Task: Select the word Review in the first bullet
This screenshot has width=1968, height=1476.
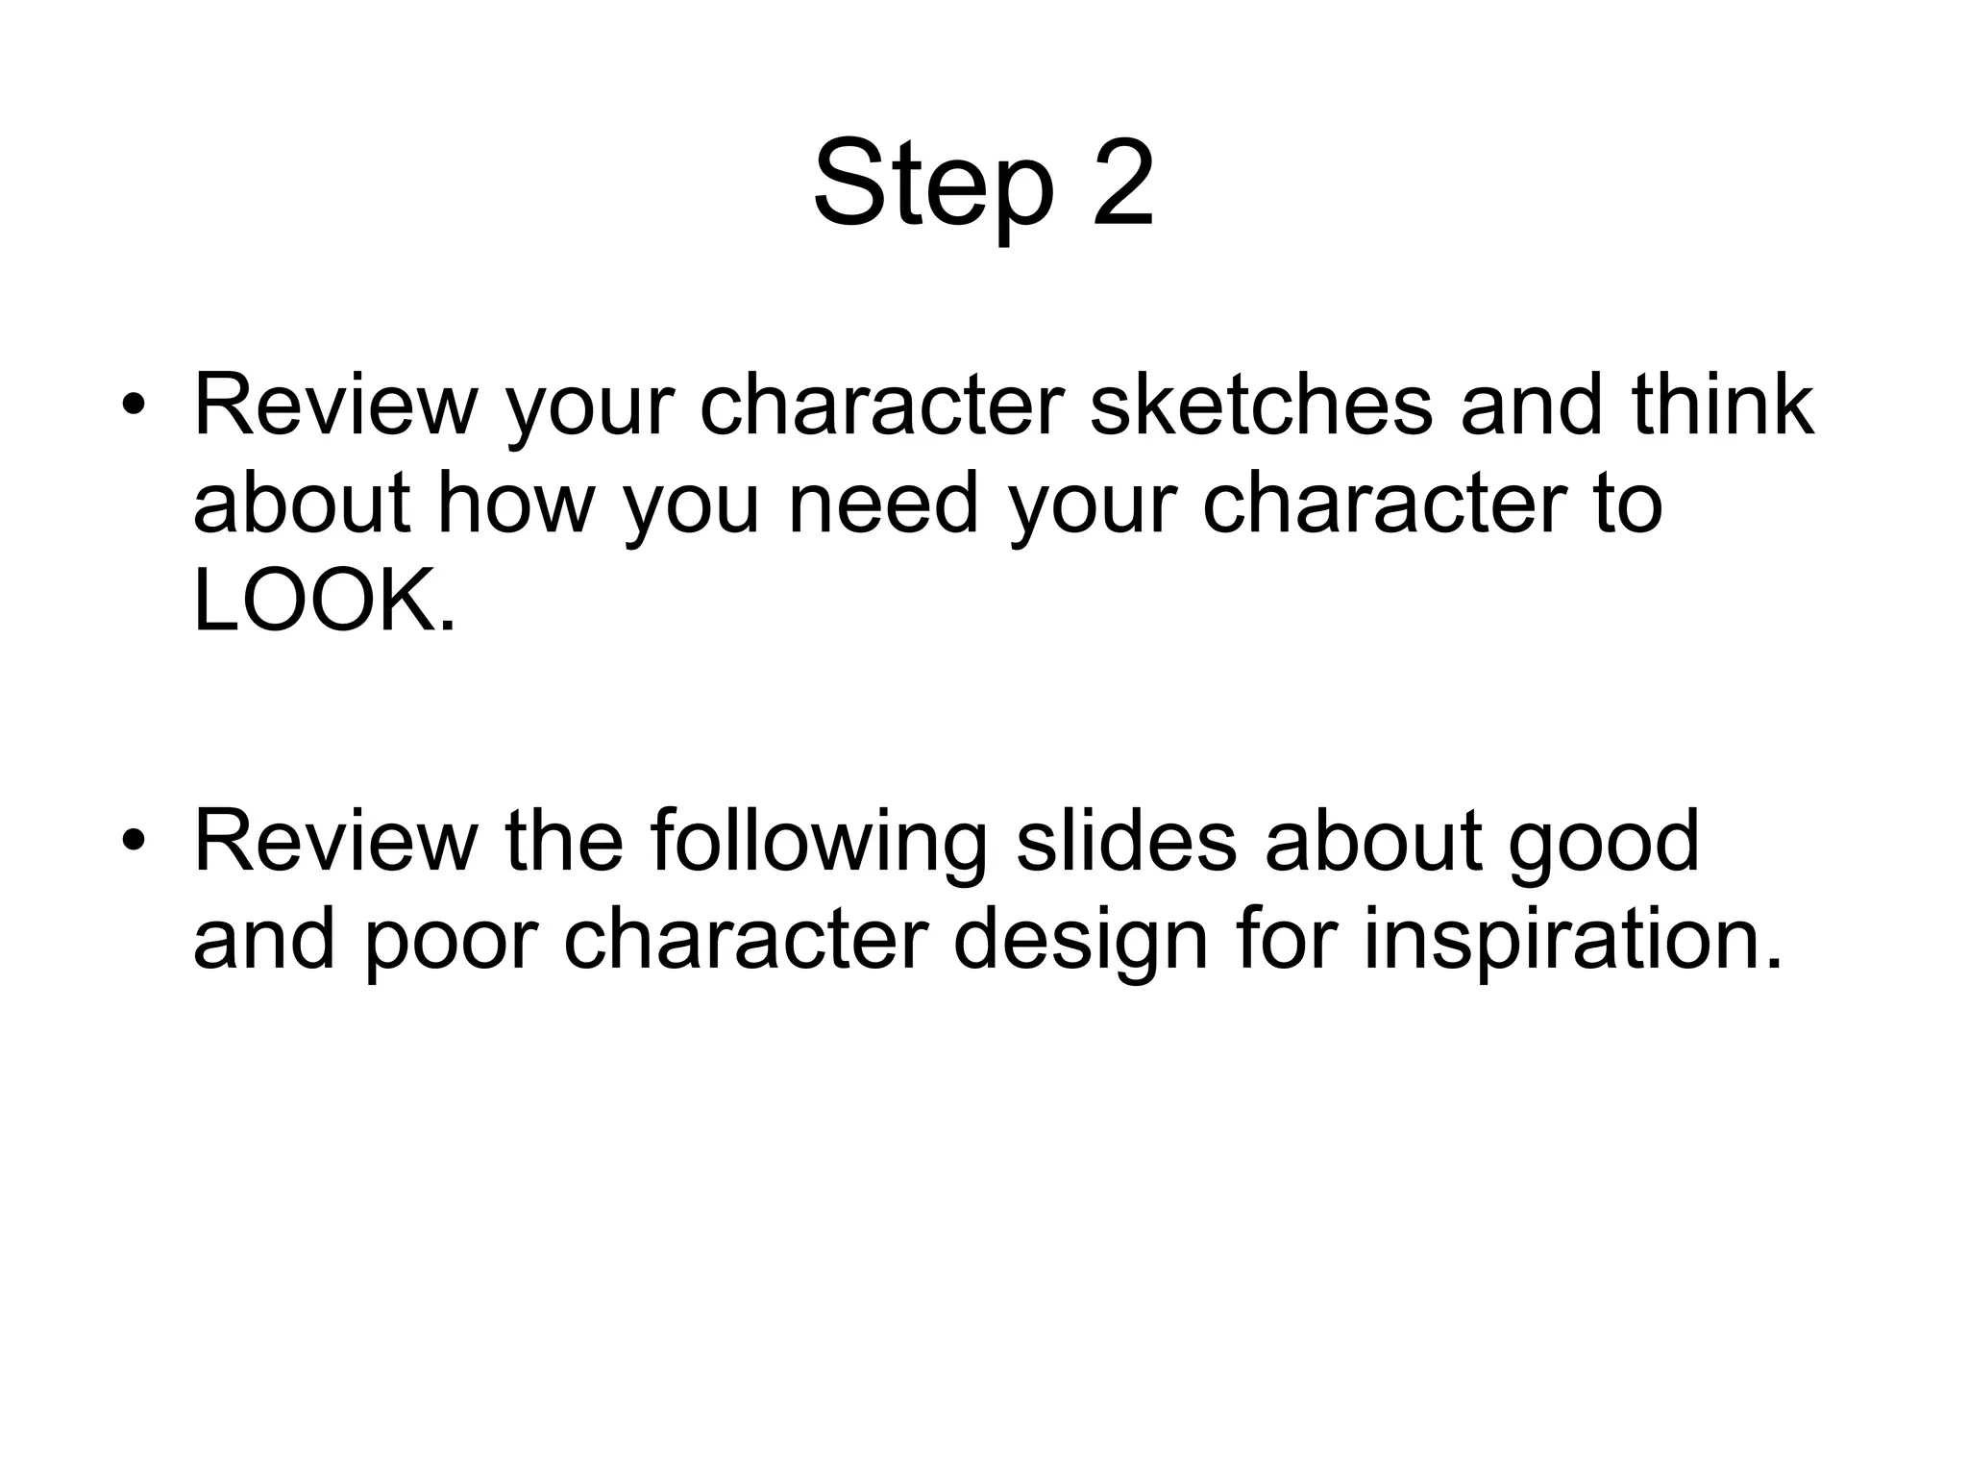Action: point(335,406)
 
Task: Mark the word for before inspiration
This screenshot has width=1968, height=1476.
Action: point(1285,940)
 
